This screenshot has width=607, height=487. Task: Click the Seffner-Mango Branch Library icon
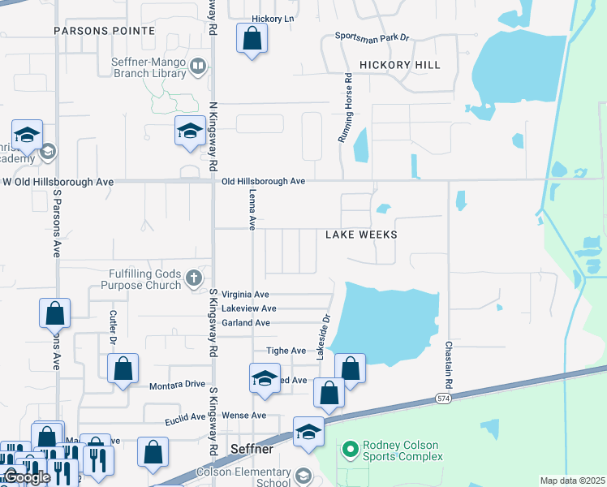point(197,65)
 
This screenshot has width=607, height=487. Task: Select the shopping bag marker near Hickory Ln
point(252,38)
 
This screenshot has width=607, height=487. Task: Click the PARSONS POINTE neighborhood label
point(104,30)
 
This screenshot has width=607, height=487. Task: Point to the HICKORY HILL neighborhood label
point(399,65)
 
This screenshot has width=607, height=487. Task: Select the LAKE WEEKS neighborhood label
point(361,235)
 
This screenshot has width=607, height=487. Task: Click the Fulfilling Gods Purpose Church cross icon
point(193,278)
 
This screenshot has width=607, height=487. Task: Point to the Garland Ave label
point(245,322)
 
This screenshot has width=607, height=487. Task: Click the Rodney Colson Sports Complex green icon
point(350,448)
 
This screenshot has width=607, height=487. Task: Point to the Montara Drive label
point(176,385)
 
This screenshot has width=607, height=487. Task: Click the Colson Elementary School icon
point(303,476)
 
